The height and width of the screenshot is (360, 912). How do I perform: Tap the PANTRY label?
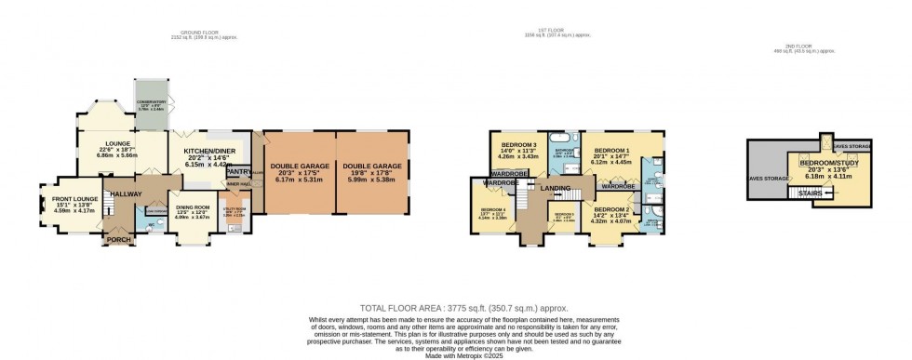coord(239,171)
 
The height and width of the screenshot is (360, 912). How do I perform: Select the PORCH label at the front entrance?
coord(120,241)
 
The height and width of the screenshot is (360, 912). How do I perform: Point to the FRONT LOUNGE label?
coord(74,199)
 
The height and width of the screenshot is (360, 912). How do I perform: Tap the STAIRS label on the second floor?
coord(801,193)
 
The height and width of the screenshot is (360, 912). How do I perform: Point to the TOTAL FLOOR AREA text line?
coord(455,308)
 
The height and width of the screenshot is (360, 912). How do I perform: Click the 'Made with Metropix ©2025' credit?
coord(455,353)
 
